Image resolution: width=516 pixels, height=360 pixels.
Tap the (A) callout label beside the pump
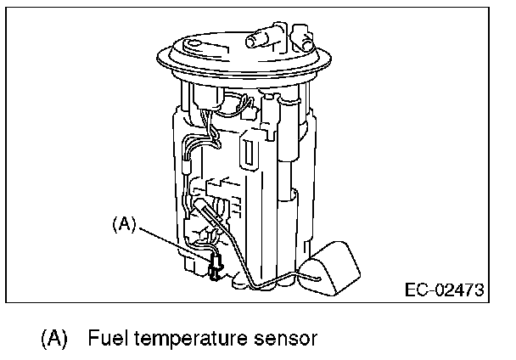[x=124, y=224]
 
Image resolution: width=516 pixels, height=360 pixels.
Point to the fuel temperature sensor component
[x=215, y=267]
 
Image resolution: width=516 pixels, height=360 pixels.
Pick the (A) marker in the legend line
[x=53, y=339]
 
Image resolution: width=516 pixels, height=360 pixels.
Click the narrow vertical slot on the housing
[x=250, y=152]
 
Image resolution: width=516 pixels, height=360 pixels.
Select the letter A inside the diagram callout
[x=124, y=224]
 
